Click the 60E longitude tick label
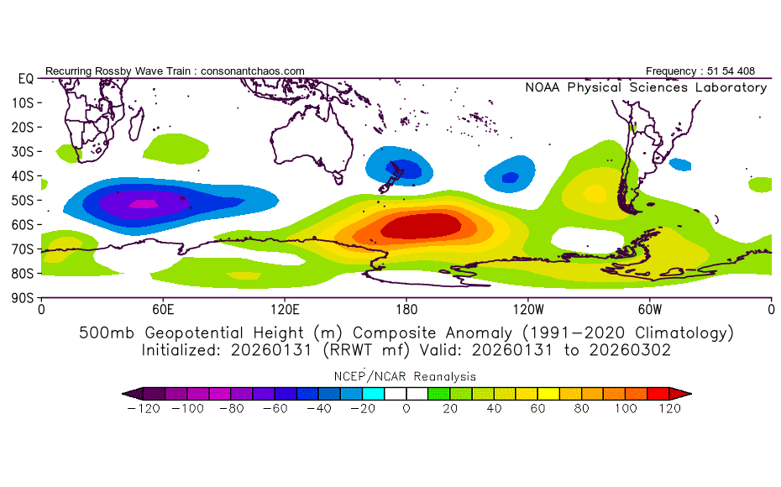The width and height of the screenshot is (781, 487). click(x=163, y=309)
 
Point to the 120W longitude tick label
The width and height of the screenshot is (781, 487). click(x=528, y=309)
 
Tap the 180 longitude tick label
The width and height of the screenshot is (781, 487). click(x=406, y=309)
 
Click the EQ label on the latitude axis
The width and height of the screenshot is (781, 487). click(x=24, y=78)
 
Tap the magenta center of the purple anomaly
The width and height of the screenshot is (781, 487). click(x=143, y=202)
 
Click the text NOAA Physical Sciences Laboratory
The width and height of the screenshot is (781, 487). click(x=645, y=87)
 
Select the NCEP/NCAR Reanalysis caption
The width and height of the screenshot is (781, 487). click(x=406, y=375)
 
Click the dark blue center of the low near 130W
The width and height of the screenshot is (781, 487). click(x=510, y=177)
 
